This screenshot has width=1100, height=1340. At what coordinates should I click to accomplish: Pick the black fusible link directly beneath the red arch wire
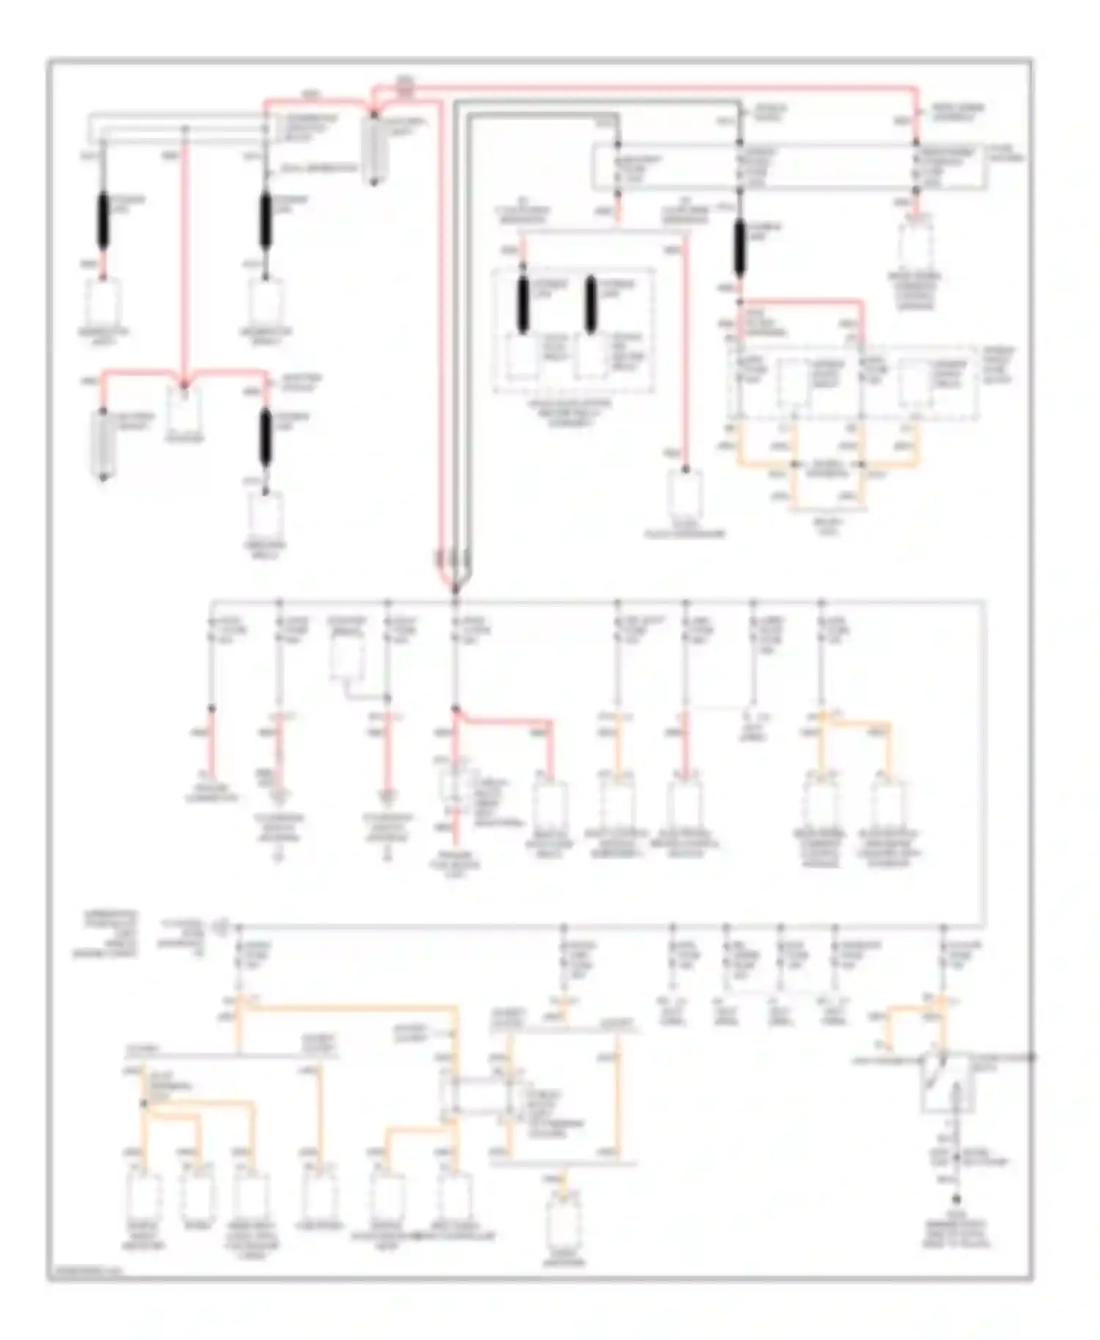[265, 438]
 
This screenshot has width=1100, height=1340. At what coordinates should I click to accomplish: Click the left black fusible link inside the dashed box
[523, 305]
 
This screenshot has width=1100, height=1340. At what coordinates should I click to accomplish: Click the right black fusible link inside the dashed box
[590, 305]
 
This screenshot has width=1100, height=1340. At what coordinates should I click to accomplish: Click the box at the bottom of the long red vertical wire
[684, 493]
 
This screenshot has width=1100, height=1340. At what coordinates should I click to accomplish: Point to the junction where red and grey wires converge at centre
[455, 586]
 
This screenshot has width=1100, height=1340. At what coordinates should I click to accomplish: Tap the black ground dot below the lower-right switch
[956, 1199]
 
